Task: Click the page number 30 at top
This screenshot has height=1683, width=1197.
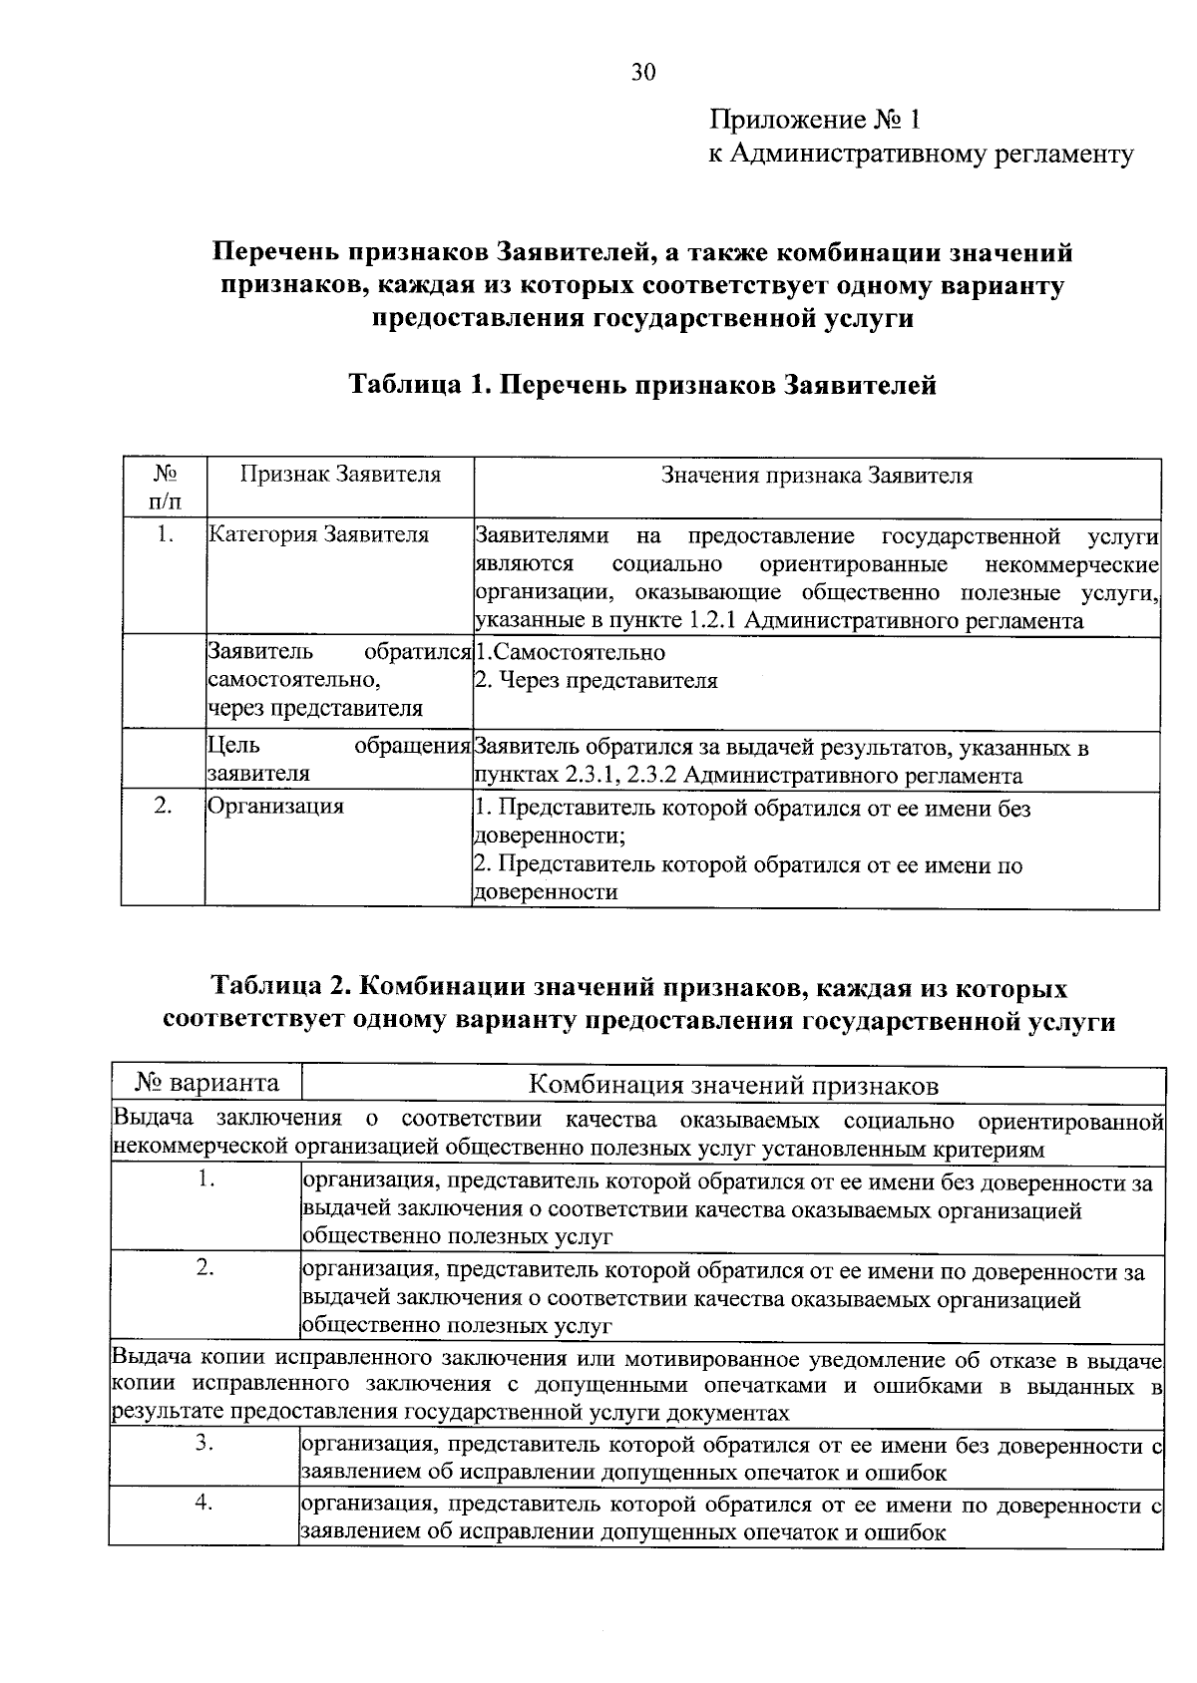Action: pos(643,72)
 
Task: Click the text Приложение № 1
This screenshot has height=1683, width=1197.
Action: pos(815,121)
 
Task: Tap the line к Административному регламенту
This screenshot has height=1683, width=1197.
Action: pos(920,155)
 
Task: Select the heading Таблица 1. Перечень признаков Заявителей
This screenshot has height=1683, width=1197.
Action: pos(642,385)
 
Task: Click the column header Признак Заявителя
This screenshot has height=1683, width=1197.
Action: pos(340,475)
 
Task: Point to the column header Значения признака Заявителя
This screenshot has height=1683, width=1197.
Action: pos(817,476)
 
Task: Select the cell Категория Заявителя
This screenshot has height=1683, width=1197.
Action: pos(318,535)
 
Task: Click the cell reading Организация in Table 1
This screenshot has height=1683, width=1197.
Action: pos(275,806)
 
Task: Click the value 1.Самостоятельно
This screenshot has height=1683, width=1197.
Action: pos(570,653)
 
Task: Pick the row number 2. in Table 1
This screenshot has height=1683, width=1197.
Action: pos(165,806)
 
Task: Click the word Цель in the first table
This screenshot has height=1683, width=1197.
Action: pos(234,746)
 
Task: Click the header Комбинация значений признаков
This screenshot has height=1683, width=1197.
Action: pos(733,1085)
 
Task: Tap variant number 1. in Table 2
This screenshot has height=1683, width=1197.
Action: pos(206,1179)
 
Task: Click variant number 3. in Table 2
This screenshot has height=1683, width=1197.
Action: pos(205,1443)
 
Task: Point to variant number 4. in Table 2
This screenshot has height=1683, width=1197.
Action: pos(204,1504)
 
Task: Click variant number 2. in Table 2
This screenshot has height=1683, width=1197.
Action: pos(205,1268)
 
